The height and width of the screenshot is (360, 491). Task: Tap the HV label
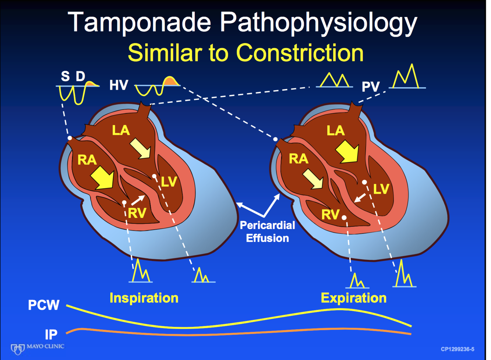(119, 85)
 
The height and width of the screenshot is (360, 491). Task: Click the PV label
(370, 87)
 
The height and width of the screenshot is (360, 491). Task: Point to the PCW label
(43, 305)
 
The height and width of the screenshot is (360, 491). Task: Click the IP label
(51, 334)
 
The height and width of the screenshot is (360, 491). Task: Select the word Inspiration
(144, 298)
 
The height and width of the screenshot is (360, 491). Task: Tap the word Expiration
(353, 298)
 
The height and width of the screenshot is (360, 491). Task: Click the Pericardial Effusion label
(267, 232)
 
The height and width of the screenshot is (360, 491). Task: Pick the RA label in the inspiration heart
(87, 160)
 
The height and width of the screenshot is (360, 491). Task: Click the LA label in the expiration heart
(335, 131)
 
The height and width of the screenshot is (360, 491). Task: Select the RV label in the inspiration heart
(137, 213)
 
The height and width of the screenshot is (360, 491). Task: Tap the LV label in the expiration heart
(381, 189)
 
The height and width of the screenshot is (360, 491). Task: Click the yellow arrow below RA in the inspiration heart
(102, 177)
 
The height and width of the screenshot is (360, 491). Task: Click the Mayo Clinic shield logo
(17, 349)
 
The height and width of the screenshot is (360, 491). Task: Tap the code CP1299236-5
(457, 349)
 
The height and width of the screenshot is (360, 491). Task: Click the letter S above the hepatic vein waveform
(65, 77)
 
